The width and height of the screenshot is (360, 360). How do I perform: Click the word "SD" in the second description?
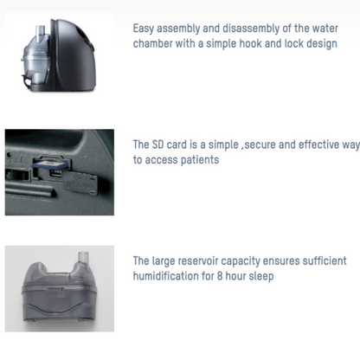tap(157, 145)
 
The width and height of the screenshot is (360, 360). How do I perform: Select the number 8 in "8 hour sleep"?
tap(220, 276)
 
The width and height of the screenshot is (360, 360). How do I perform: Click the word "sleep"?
tap(261, 276)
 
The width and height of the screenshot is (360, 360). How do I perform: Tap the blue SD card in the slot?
tap(49, 164)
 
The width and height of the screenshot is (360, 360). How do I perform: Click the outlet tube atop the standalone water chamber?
tap(83, 258)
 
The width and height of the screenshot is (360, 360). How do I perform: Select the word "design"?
tap(322, 44)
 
